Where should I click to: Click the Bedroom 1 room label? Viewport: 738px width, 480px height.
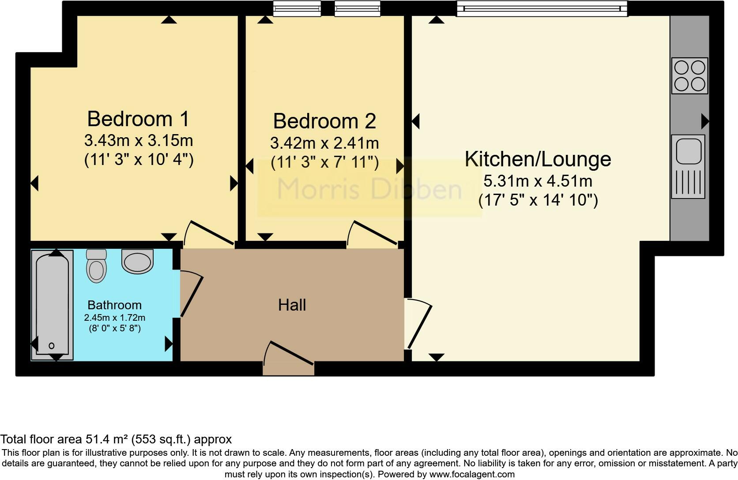tap(138, 119)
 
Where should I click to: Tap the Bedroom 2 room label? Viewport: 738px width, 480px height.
tap(324, 121)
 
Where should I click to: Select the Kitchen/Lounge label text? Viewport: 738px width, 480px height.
tap(538, 159)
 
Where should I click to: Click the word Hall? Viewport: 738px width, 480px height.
tap(292, 305)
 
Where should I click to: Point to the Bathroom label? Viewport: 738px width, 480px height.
tap(114, 305)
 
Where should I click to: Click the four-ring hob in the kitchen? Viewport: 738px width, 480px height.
tap(689, 76)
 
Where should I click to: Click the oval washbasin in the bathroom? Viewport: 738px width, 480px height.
tap(138, 261)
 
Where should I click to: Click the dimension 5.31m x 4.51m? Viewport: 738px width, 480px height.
tap(538, 181)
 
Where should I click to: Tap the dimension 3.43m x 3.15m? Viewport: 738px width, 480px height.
tap(138, 141)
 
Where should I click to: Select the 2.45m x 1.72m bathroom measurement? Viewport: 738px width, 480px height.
tap(114, 318)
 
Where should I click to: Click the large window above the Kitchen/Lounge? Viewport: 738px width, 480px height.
tap(542, 9)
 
